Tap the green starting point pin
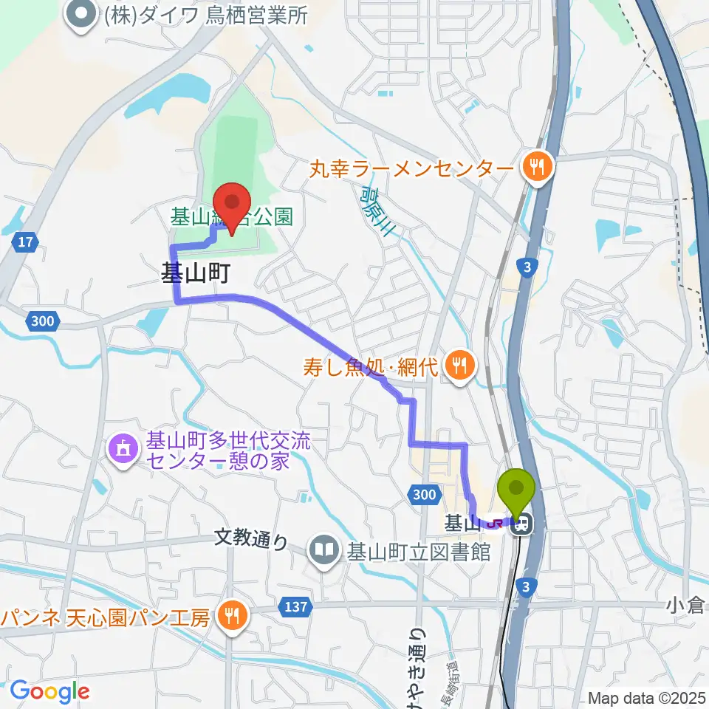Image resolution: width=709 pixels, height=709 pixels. (x=517, y=488)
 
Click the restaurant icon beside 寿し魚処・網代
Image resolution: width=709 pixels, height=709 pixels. (x=459, y=366)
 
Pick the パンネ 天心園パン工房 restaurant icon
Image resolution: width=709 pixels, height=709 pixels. (x=232, y=617)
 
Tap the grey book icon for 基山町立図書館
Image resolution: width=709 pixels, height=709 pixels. (x=323, y=550)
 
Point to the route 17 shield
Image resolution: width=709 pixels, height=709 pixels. (x=25, y=241)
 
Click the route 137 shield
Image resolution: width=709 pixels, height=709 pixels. (x=295, y=606)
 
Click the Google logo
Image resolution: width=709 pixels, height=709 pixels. (x=49, y=691)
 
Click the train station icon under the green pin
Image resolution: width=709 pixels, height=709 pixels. (x=521, y=524)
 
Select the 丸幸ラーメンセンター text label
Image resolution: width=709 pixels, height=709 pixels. (x=411, y=169)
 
